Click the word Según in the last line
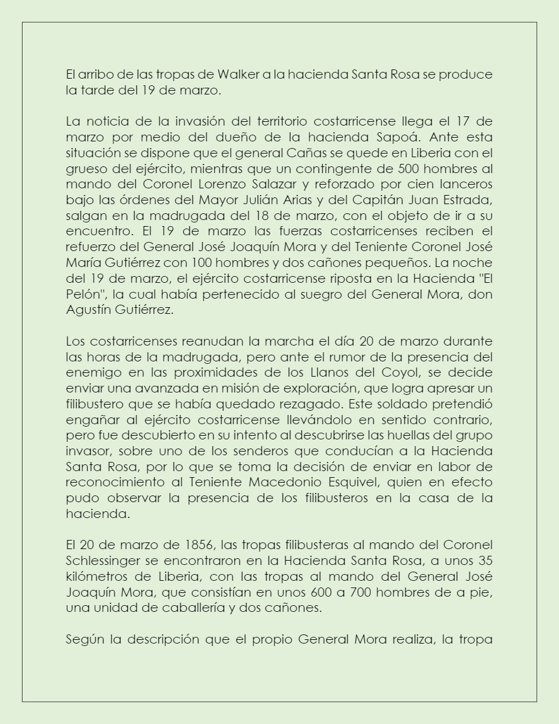82,639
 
